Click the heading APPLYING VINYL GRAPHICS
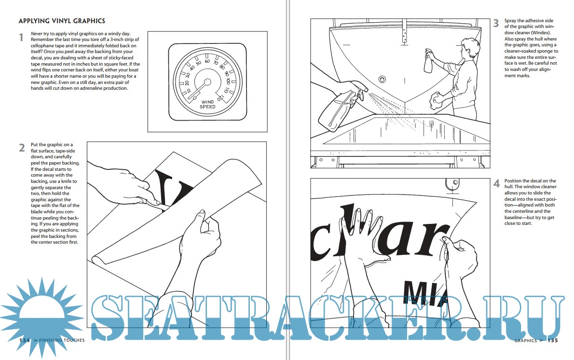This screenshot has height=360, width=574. (x=62, y=21)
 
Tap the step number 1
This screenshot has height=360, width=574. (x=21, y=37)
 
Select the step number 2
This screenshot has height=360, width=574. (x=22, y=148)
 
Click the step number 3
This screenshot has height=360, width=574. (x=496, y=24)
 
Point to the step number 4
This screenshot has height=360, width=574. (x=496, y=183)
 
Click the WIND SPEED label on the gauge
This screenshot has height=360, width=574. (x=207, y=104)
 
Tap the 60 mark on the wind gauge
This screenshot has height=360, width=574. (x=207, y=61)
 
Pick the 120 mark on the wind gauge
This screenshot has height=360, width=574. (x=220, y=98)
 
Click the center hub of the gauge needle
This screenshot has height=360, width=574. (x=207, y=82)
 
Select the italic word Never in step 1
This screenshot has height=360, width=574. (x=37, y=34)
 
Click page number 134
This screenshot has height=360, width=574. (x=25, y=340)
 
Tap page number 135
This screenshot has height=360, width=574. (x=553, y=341)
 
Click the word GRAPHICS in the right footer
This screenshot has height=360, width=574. (x=526, y=341)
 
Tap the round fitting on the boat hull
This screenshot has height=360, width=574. (x=382, y=79)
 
